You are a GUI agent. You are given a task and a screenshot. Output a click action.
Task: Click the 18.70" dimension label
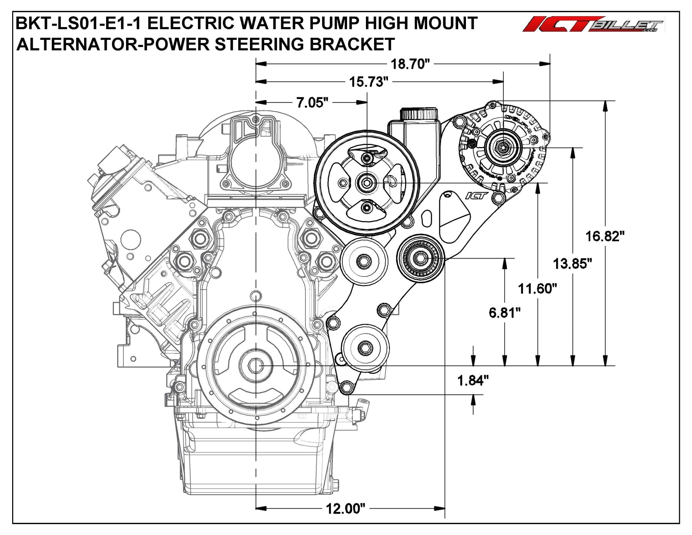(410, 64)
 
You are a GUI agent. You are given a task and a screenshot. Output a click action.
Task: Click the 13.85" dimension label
(572, 263)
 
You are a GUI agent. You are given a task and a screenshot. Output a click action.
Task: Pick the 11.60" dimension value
(537, 289)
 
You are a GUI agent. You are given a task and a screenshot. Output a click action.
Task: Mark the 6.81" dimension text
(504, 313)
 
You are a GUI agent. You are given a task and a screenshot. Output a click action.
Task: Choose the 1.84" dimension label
(473, 381)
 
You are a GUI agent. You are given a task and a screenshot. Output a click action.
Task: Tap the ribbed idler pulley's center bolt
(420, 259)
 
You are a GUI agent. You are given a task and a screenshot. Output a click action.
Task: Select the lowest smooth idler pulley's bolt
(365, 347)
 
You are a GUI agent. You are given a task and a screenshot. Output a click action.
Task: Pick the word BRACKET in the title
(352, 44)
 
